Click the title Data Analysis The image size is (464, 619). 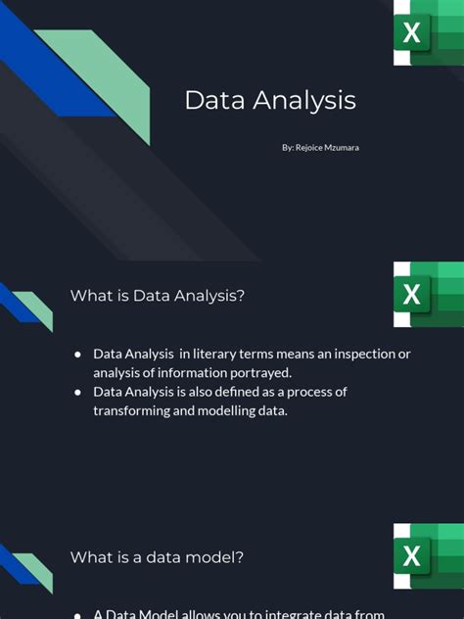270,100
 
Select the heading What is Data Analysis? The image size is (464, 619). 157,295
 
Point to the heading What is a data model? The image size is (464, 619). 157,556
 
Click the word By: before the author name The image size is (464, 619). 287,147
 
